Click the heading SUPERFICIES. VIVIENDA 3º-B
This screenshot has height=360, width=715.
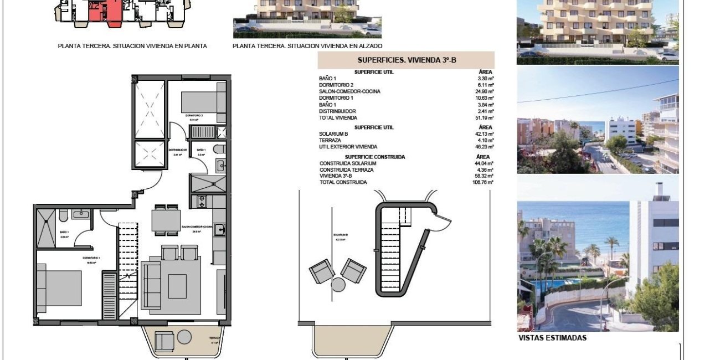click(406, 60)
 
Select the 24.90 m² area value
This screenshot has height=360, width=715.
click(486, 91)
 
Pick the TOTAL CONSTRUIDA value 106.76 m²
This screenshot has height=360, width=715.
click(483, 182)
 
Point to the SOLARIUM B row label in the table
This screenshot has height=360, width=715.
click(333, 134)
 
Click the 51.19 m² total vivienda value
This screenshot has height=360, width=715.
click(486, 118)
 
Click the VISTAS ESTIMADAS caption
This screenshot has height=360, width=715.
click(552, 338)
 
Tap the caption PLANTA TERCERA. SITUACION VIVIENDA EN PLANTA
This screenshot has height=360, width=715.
click(132, 47)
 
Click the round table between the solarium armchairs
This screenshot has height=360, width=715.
click(338, 284)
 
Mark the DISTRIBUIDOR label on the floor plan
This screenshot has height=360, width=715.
click(177, 150)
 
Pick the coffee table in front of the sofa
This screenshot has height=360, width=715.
click(177, 286)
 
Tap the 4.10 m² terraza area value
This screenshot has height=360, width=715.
click(486, 141)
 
